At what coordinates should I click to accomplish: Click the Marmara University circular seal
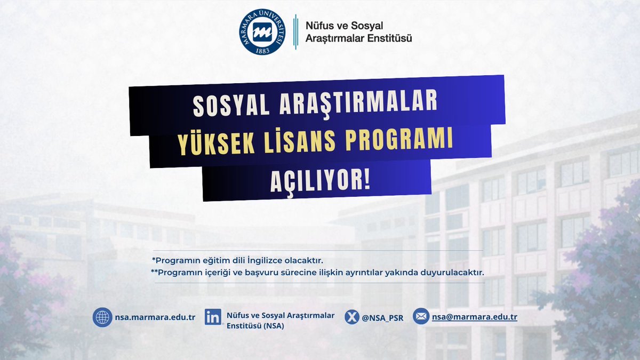[x=262, y=32]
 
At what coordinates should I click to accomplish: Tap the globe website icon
[x=102, y=317]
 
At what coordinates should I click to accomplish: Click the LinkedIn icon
[x=213, y=317]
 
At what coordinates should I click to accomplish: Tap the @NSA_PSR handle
[x=382, y=318]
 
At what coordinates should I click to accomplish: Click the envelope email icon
[x=421, y=317]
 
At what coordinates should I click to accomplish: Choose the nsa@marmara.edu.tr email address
[x=475, y=317]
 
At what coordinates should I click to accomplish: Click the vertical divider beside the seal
[x=296, y=32]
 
